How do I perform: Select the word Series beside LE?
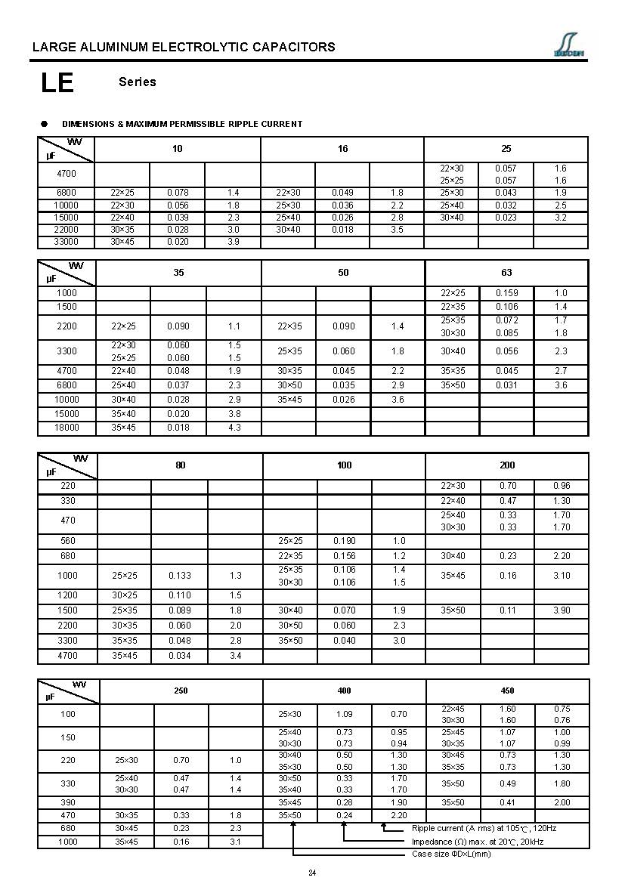tap(138, 82)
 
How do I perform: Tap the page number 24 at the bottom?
tap(312, 873)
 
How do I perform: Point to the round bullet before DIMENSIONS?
tap(45, 123)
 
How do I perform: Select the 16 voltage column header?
tap(342, 149)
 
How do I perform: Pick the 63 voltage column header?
tap(506, 273)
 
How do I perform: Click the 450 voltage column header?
tap(507, 691)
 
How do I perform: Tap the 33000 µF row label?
tap(67, 242)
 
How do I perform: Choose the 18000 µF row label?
tap(67, 428)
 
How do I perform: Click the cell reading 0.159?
tap(506, 293)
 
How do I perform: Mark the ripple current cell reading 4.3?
tap(234, 428)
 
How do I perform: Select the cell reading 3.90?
tap(561, 610)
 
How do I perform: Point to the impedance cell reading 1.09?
tap(343, 714)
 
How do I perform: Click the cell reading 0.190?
tap(345, 541)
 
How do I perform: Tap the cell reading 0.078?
tap(178, 193)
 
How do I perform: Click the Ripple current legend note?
tap(484, 829)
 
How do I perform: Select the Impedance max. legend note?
tap(477, 842)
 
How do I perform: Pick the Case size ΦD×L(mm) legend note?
tap(451, 854)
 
